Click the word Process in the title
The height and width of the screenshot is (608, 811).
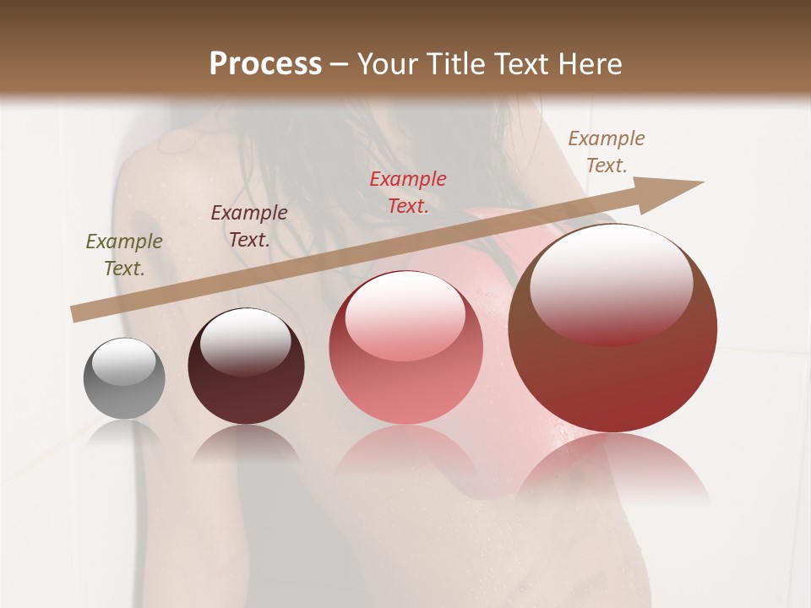tap(265, 64)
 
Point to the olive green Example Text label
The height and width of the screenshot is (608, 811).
tap(124, 255)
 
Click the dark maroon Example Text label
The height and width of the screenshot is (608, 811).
tap(249, 226)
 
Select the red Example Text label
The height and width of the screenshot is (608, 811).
tap(408, 193)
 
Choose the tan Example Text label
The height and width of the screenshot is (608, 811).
tap(607, 152)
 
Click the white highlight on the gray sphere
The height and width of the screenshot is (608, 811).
tap(124, 361)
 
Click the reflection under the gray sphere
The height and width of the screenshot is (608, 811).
tap(124, 432)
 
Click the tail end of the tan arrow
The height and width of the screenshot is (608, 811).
tap(78, 314)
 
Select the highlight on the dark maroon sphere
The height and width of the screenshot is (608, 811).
tap(246, 341)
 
